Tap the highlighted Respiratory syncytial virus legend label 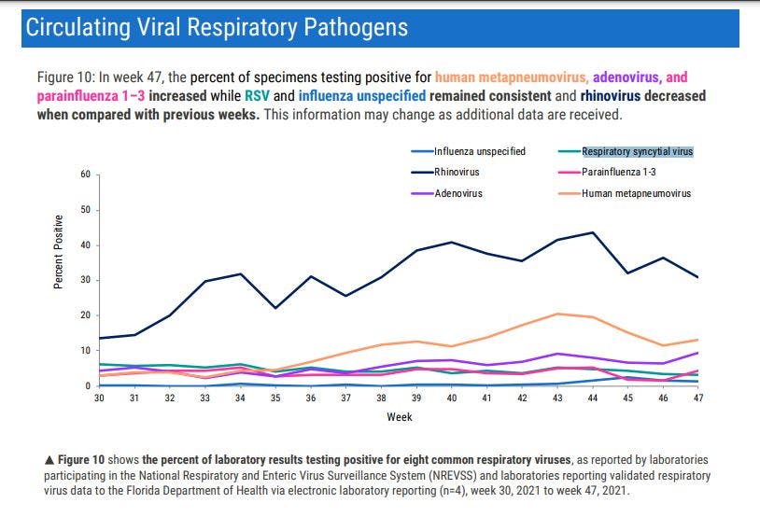tap(637, 151)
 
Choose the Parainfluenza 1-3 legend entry tap(619, 172)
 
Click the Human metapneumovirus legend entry tap(636, 193)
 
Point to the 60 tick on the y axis tap(84, 175)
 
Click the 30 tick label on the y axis tap(84, 280)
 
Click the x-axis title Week tap(400, 417)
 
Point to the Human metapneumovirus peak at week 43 tap(556, 314)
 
